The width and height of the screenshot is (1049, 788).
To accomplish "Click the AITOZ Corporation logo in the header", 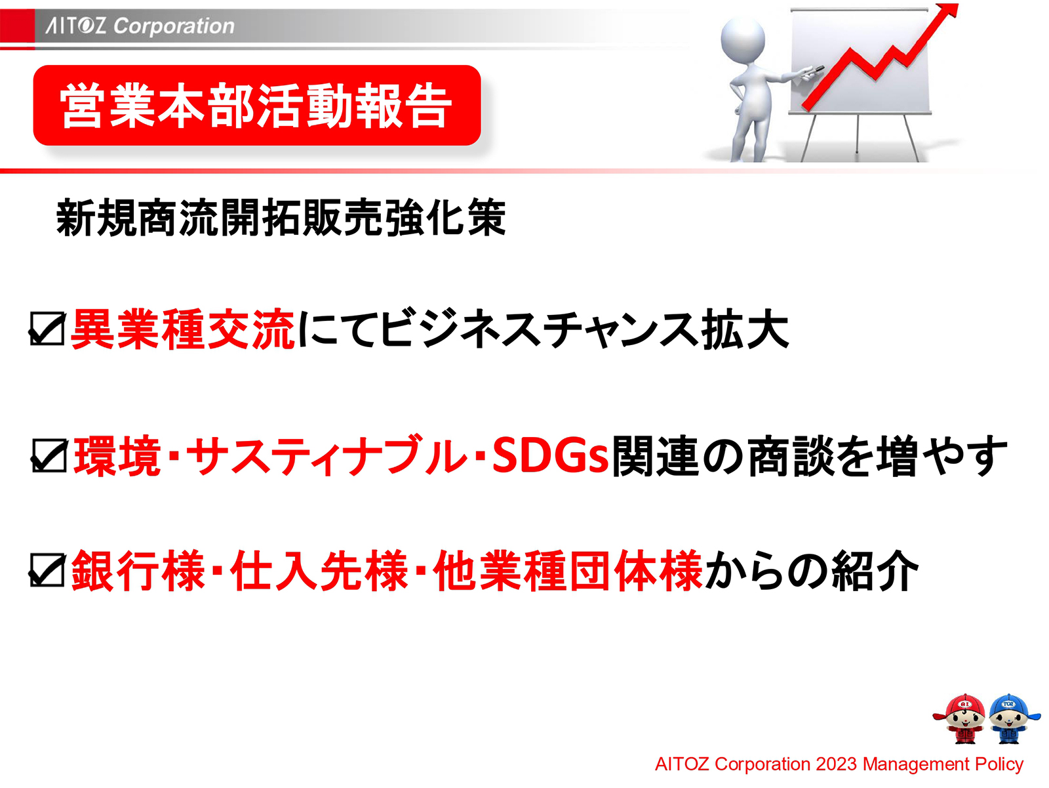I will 140,26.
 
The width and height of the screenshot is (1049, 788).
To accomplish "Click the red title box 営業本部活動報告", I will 256,106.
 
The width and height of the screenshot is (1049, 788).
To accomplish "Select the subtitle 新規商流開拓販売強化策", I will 281,218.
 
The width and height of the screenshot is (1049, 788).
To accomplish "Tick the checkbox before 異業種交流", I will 47,329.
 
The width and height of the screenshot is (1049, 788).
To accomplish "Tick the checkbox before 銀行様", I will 47,570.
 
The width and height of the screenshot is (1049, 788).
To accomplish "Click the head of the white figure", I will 743,39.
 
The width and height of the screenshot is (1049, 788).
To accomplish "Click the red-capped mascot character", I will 962,718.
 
